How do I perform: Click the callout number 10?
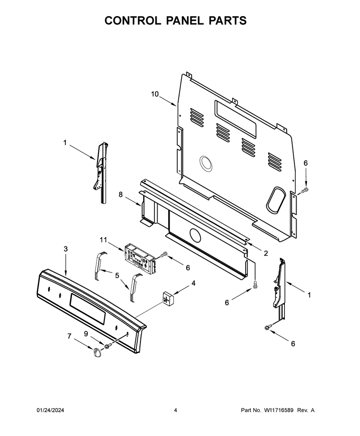point(155,94)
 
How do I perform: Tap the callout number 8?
point(121,195)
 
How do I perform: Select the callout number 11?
point(103,240)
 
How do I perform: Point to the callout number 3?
point(66,249)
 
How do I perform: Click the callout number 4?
point(193,283)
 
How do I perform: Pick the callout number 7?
point(69,336)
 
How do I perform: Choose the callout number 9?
point(86,334)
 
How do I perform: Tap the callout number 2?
point(266,253)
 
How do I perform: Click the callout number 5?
point(117,276)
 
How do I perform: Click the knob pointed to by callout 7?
point(98,352)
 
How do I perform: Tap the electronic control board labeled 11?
point(139,256)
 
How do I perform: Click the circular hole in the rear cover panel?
point(207,163)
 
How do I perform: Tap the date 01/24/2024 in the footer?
point(50,410)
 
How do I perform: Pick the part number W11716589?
point(279,410)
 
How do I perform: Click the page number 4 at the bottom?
point(175,410)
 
